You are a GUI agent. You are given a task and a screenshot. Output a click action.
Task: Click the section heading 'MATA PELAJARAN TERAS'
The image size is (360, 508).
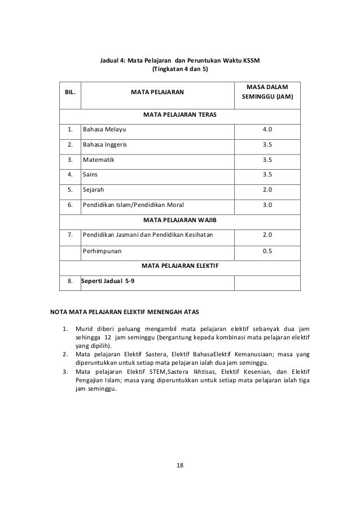(x=180, y=114)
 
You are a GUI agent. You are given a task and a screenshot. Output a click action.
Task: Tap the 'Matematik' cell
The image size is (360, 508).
(x=98, y=160)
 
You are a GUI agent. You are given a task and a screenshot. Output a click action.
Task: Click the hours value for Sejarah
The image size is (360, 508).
(x=267, y=190)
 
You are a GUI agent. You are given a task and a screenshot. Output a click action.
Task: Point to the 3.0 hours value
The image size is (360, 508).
(x=267, y=205)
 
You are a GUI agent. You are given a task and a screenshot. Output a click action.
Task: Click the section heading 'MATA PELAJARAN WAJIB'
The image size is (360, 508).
(x=180, y=220)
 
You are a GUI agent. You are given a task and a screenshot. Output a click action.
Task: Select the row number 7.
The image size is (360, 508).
(x=69, y=235)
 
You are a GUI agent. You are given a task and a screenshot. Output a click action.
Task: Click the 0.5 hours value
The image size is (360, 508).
(x=267, y=250)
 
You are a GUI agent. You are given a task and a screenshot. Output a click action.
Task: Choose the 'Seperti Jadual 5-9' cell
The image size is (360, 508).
(x=108, y=280)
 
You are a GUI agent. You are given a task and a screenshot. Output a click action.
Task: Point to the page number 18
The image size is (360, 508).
(x=180, y=466)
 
